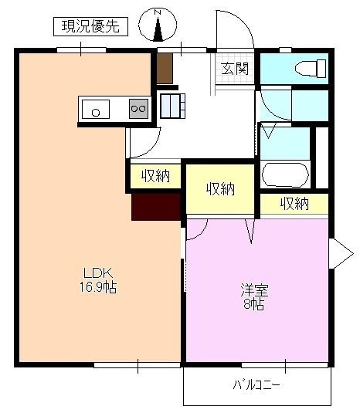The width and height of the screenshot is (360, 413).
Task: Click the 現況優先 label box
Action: (91, 27)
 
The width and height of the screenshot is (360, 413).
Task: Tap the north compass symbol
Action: (158, 25)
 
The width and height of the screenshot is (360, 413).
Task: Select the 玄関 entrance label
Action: (236, 69)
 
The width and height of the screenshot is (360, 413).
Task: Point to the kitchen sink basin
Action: (97, 110)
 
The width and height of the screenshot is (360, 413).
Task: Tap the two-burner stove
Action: (138, 109)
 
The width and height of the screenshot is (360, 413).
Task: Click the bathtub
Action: (285, 174)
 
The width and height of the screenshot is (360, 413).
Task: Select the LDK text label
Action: (99, 273)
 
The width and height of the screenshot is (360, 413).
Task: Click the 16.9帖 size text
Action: (99, 286)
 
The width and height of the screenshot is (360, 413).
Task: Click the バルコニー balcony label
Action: (256, 384)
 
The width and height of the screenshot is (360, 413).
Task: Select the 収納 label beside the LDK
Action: (155, 176)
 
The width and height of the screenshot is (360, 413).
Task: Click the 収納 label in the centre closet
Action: (220, 188)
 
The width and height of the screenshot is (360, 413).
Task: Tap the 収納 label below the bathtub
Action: (294, 204)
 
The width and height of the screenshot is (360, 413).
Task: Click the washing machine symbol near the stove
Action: (172, 104)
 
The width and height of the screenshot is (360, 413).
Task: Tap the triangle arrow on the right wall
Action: (338, 252)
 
